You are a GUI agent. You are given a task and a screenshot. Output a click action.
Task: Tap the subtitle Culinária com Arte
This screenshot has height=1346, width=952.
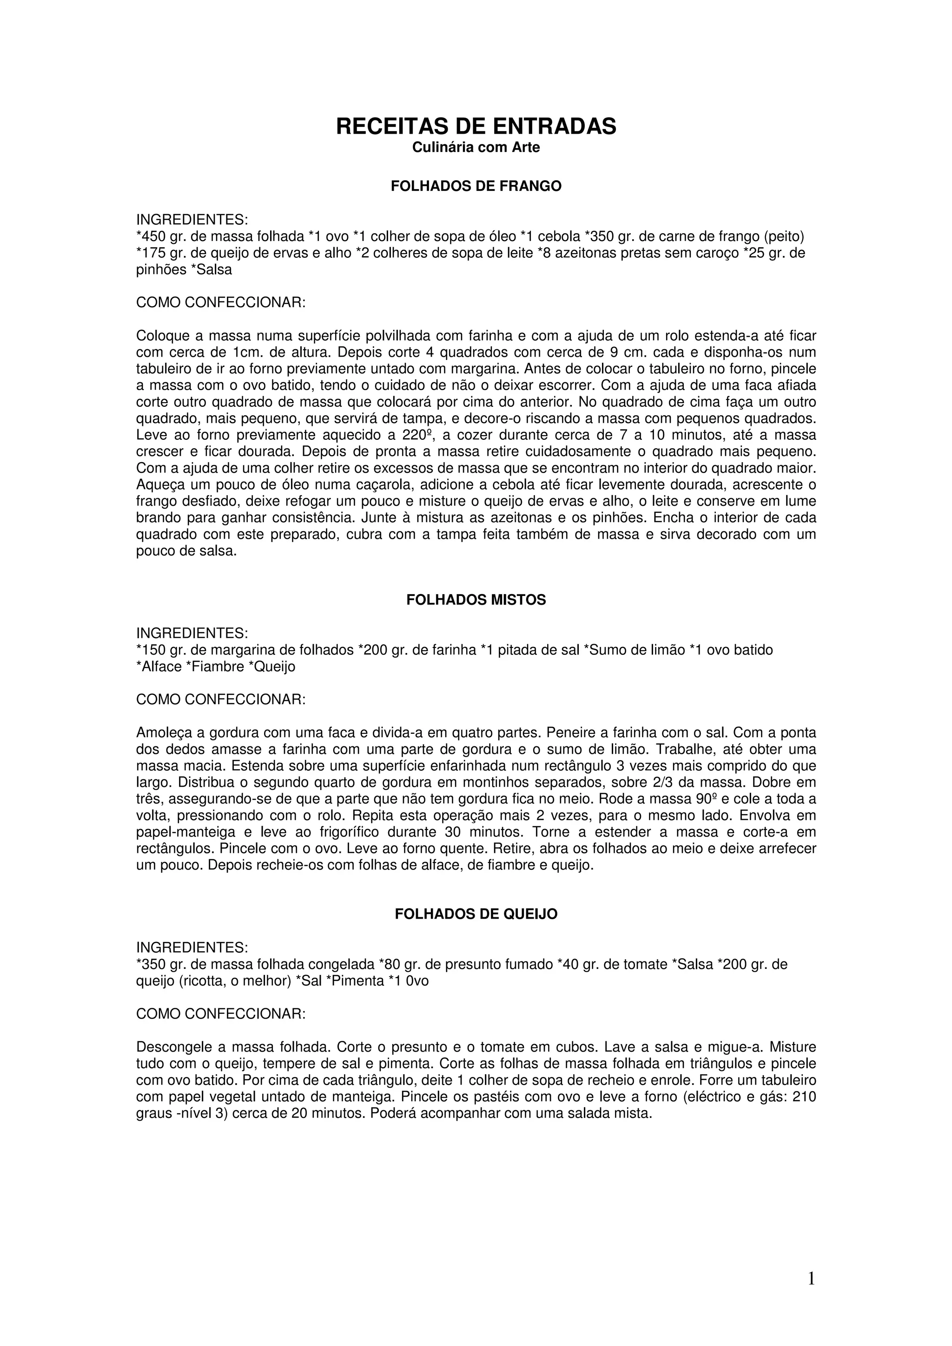point(476,147)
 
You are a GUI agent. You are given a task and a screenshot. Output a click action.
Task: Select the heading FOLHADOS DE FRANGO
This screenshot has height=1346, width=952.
point(476,186)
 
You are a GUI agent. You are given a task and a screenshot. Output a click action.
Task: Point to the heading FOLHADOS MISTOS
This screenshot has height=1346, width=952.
point(476,600)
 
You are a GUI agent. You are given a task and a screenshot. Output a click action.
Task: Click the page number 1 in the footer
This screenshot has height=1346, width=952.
point(811,1279)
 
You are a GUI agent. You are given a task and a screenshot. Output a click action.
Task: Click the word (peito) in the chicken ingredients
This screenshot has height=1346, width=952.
point(784,236)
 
